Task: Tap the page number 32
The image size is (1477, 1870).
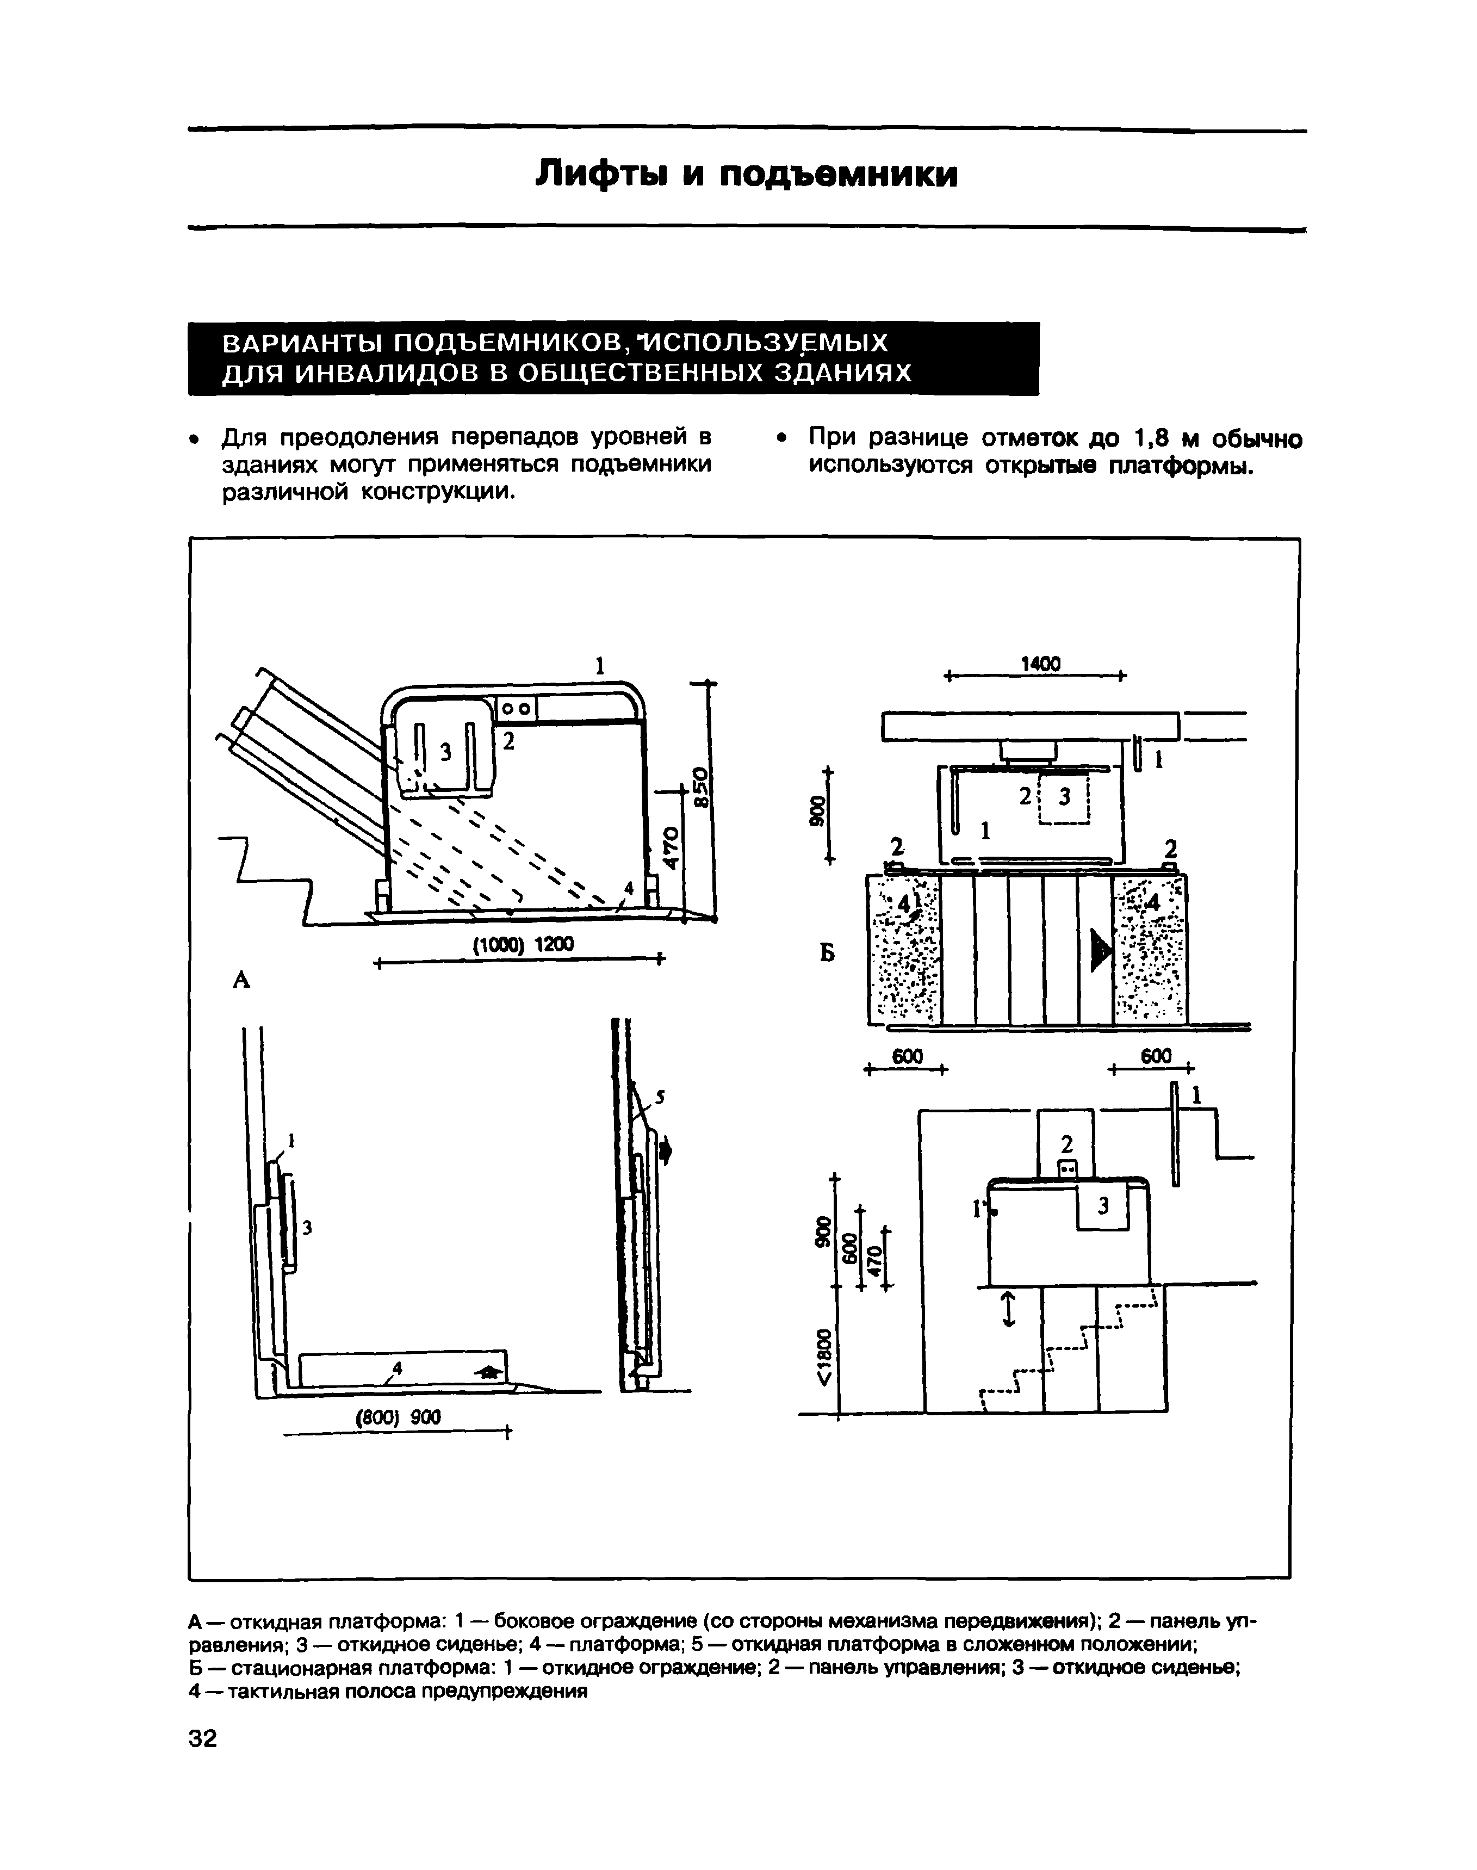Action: click(x=203, y=1738)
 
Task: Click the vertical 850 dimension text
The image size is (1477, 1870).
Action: click(x=702, y=785)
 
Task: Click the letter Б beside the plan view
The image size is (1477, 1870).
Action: click(x=828, y=952)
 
